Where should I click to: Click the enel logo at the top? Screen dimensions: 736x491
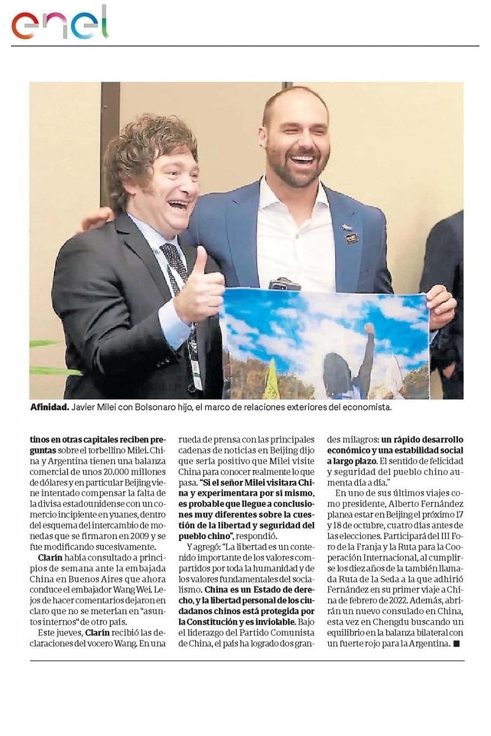60,23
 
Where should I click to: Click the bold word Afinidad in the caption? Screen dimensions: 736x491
49,407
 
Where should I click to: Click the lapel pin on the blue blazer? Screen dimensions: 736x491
351,238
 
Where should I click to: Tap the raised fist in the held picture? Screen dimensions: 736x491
368,329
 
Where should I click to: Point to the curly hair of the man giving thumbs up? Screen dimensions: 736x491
147,147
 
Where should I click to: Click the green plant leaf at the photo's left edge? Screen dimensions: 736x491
49,370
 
